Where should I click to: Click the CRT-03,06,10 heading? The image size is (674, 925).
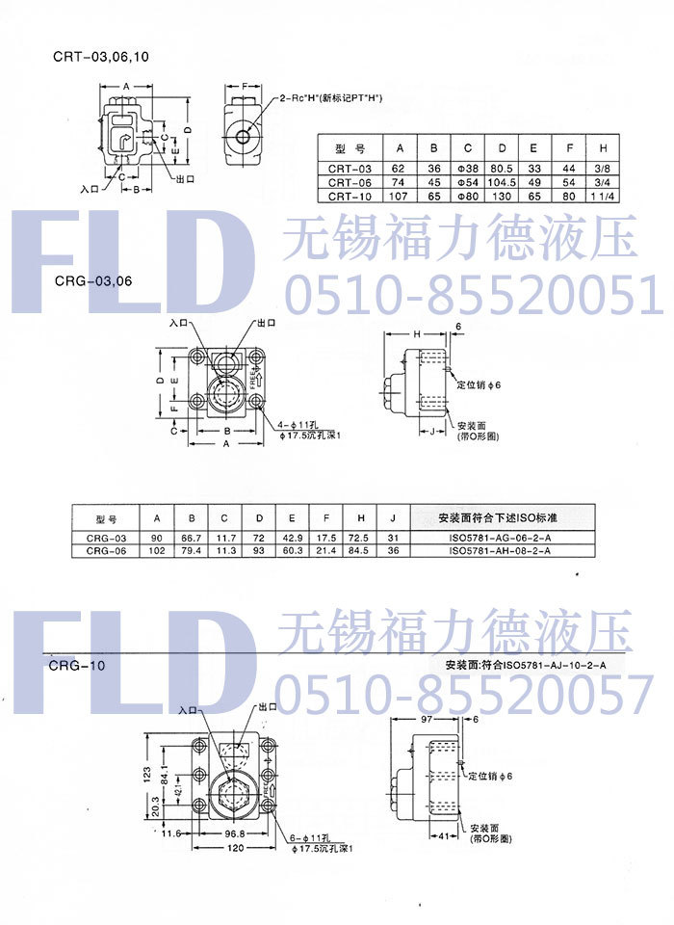[x=101, y=56]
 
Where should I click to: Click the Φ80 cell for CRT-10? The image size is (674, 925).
[x=467, y=196]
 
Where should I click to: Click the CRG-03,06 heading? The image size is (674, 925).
[x=92, y=281]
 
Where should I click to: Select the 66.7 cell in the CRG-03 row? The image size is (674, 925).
[x=192, y=538]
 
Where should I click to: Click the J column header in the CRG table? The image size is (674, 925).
[x=393, y=518]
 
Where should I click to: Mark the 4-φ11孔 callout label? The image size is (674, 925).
[x=295, y=425]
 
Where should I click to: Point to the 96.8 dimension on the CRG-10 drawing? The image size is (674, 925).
[x=225, y=833]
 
